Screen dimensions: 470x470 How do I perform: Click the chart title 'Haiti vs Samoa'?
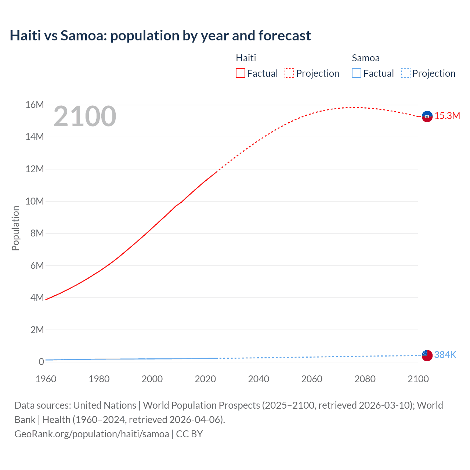160,36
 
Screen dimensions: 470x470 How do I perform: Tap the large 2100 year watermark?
85,116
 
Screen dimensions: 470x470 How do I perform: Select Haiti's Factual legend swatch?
240,73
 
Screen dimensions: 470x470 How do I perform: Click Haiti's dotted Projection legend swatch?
289,73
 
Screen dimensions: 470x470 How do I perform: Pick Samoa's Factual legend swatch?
357,73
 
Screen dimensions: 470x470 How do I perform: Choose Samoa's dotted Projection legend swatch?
406,73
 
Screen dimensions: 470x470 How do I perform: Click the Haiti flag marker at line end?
427,116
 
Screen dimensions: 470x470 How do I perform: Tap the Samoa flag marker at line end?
427,355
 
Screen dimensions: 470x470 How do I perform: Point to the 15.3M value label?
447,116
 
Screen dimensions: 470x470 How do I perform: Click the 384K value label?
445,355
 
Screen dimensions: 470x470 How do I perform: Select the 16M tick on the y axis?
35,105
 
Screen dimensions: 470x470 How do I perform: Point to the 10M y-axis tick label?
35,201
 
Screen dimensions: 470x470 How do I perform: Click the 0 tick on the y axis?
41,362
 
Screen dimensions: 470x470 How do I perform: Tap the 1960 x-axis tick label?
46,379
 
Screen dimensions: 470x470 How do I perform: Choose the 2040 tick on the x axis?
258,379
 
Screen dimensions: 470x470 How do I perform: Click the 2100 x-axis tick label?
418,379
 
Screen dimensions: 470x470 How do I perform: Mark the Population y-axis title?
15,228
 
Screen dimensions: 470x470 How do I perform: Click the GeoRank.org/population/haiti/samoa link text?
92,434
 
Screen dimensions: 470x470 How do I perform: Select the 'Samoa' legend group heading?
365,58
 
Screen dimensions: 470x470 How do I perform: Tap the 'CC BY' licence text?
189,434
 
